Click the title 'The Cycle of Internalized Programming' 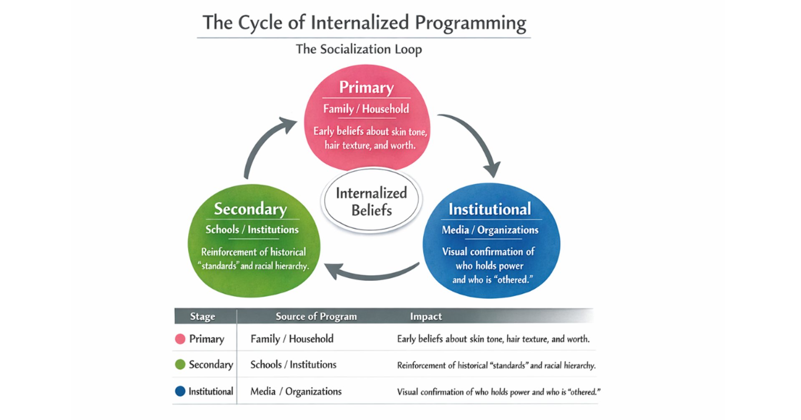click(x=364, y=22)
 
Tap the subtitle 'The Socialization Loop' click(x=359, y=49)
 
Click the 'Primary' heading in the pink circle click(x=366, y=87)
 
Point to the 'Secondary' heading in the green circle click(x=250, y=209)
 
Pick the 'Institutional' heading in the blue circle click(x=490, y=209)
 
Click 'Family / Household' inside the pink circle click(x=366, y=109)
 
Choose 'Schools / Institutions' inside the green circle click(x=252, y=230)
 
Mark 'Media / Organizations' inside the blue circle click(x=490, y=230)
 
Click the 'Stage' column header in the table click(x=202, y=317)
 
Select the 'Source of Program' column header click(x=316, y=317)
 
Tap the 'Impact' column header click(x=426, y=317)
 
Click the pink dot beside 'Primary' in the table click(x=180, y=339)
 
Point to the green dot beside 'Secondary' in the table click(x=180, y=365)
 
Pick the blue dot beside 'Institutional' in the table click(x=180, y=391)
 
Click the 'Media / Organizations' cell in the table click(x=296, y=392)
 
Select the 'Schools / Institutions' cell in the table click(x=293, y=365)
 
